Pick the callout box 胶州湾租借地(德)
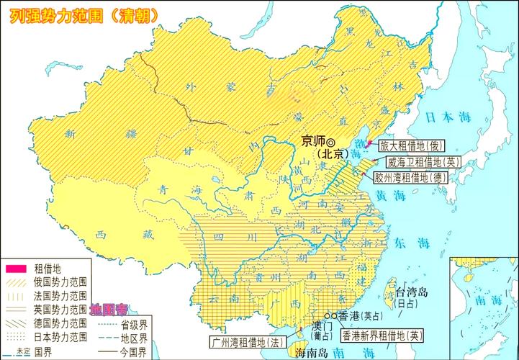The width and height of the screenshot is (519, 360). pos(410,177)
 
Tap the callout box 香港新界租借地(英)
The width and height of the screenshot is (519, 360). pos(384,335)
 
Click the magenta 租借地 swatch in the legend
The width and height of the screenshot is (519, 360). pos(15,268)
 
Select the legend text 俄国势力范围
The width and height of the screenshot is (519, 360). pos(61,282)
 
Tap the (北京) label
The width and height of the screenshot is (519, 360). pos(332,154)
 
